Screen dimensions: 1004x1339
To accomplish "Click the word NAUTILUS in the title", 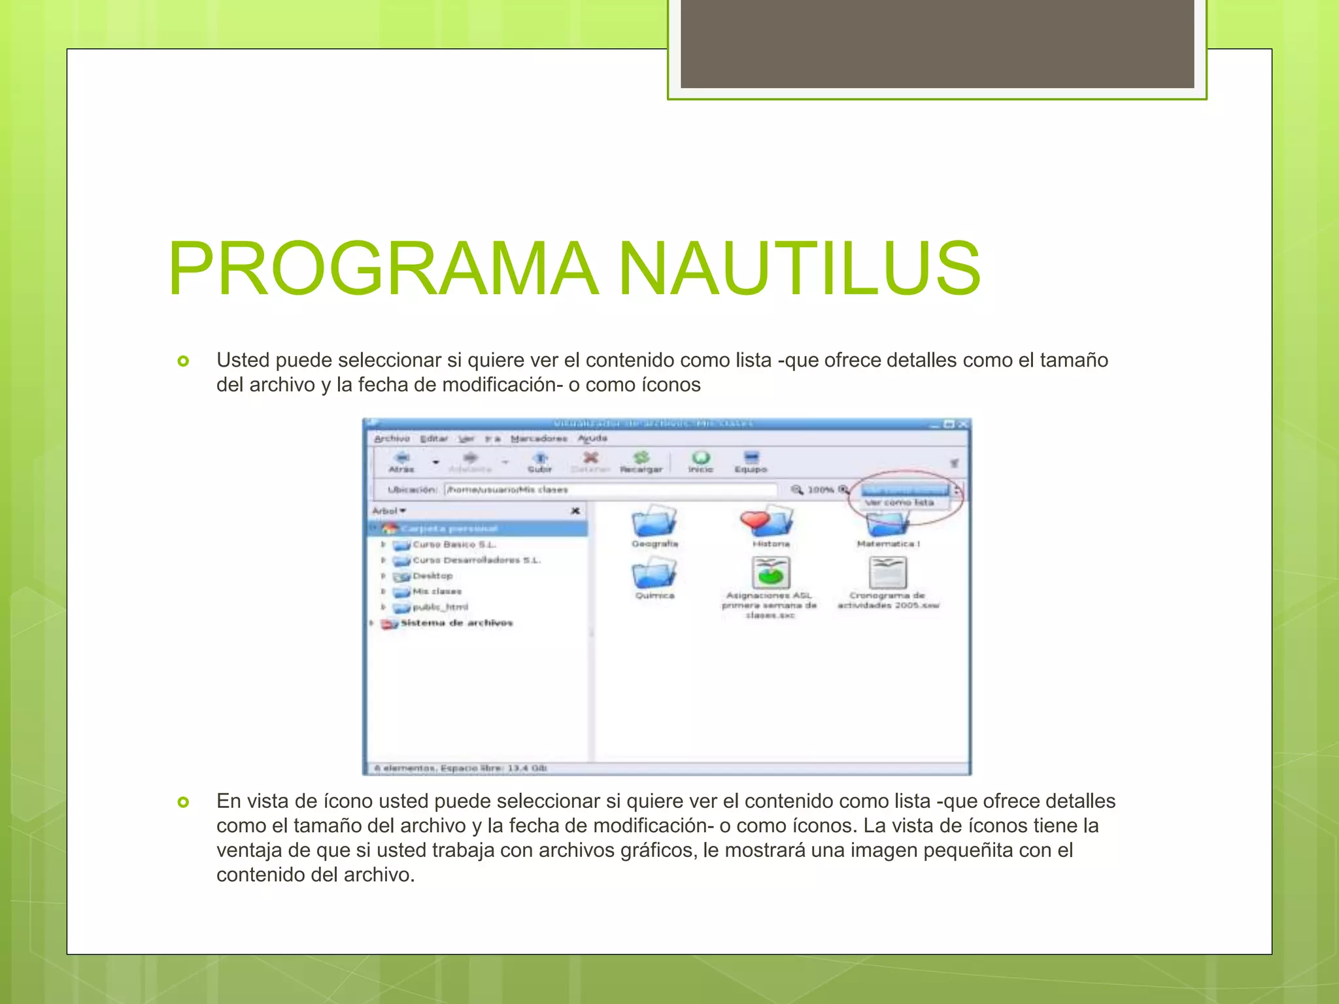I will (799, 269).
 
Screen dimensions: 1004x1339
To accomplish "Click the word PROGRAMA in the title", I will (383, 269).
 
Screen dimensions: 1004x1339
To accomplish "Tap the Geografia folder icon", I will (654, 521).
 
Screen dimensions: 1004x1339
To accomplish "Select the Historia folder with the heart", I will (769, 521).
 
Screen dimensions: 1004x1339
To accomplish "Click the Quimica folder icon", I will (654, 573).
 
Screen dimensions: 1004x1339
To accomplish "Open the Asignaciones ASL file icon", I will (770, 573).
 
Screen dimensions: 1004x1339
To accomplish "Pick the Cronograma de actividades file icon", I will (887, 573).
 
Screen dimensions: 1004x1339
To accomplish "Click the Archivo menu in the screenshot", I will (392, 439).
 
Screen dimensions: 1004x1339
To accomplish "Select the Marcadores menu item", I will (539, 439).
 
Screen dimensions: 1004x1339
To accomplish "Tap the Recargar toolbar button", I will (641, 461).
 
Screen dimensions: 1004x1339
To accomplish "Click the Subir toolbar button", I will (539, 461).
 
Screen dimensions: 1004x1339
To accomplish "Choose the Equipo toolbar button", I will (751, 461).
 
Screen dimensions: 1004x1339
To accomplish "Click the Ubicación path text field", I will (609, 490).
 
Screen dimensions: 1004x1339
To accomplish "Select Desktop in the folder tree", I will (432, 576).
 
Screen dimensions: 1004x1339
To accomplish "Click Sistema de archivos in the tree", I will (456, 623).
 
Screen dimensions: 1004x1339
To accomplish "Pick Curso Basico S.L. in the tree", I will (454, 544).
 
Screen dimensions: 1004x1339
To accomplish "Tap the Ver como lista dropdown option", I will (900, 503).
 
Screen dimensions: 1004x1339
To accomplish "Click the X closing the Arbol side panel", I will (575, 510).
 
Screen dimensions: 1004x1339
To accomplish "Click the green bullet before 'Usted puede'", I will (184, 361).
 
